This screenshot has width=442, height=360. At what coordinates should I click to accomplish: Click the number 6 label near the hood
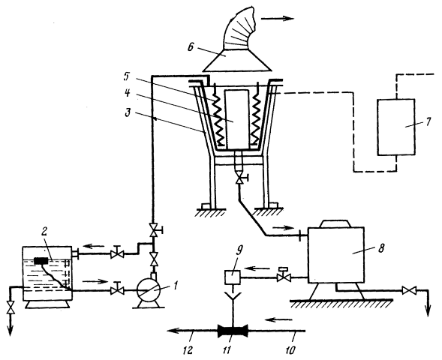coord(191,47)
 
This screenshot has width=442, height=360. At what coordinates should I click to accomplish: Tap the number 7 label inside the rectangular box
coord(428,122)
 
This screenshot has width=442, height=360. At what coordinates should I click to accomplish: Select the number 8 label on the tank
coord(380,249)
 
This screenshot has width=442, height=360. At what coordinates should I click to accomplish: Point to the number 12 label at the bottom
coord(188,350)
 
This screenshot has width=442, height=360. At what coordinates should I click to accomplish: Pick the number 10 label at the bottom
coord(290,350)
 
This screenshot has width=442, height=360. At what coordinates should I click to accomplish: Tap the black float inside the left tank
coord(41,260)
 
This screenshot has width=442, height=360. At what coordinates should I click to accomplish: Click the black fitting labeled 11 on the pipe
coord(233,331)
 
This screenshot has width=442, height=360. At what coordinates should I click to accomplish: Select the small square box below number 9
coord(233,277)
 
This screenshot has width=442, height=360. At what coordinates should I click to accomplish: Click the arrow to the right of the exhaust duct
coord(278,19)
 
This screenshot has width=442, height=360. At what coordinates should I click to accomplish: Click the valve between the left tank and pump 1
coord(117,289)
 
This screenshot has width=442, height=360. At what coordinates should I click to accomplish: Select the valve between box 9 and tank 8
coord(282,276)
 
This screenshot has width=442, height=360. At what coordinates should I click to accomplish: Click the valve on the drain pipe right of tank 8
coord(409,290)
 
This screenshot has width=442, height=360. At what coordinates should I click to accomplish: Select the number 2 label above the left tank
coord(44,231)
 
